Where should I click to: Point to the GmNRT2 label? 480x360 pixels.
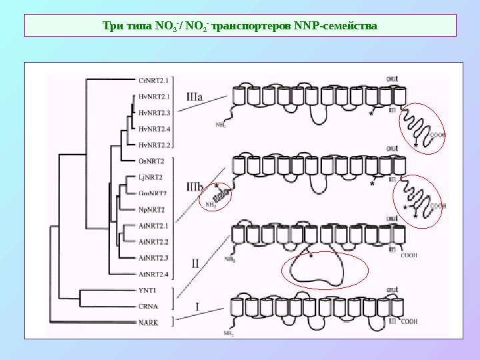pyautogui.click(x=152, y=193)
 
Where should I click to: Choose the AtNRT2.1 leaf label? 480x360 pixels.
pyautogui.click(x=153, y=225)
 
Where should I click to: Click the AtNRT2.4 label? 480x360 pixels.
pyautogui.click(x=153, y=273)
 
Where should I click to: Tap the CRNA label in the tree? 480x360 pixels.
pyautogui.click(x=147, y=307)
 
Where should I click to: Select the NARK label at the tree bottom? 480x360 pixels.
pyautogui.click(x=147, y=322)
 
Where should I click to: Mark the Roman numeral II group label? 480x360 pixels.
pyautogui.click(x=195, y=263)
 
